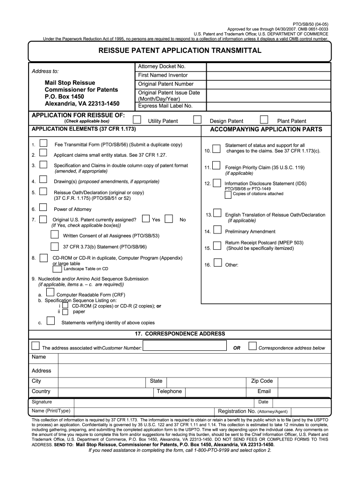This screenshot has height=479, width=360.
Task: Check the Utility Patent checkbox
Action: pos(137,119)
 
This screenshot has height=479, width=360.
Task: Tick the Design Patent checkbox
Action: pos(198,119)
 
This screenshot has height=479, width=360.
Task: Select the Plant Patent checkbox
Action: pos(264,119)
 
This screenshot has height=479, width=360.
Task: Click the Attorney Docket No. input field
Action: pos(269,67)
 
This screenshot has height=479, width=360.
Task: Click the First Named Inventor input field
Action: pos(269,75)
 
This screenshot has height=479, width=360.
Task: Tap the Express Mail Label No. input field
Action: pos(269,106)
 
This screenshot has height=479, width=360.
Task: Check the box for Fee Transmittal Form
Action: pos(43,143)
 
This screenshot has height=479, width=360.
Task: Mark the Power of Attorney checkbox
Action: pos(43,207)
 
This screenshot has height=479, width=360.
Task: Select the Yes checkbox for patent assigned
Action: pos(146,218)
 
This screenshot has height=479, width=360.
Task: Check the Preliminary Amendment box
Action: pos(217,230)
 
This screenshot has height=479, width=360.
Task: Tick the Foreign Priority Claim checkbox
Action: pos(217,165)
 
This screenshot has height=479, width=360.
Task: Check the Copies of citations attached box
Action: pos(228,194)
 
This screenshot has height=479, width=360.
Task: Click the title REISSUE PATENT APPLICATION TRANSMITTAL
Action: pos(180,51)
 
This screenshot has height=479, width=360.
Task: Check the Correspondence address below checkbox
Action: pos(252,346)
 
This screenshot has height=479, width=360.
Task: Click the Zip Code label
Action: pos(262,381)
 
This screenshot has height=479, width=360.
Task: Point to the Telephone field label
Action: pos(169,392)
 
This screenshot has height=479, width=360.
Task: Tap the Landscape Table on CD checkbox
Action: pos(57,269)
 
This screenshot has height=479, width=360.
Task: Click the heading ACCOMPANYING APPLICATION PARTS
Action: pos(266,129)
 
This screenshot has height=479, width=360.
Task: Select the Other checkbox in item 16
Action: pos(217,263)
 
